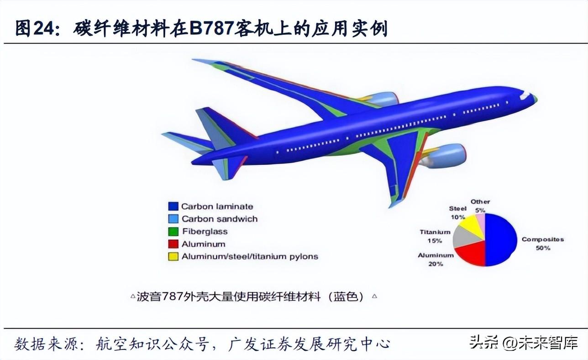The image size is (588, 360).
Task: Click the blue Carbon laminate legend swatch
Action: point(173,206)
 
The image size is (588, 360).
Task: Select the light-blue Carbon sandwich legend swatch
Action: point(173,219)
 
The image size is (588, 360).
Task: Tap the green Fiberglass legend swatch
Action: point(173,232)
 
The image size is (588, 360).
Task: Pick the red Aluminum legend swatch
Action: point(173,244)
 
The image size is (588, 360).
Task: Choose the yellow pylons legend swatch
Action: point(173,256)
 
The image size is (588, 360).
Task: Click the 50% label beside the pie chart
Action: point(543,248)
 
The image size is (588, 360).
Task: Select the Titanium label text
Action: point(435,232)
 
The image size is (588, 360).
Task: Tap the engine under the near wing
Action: point(444,156)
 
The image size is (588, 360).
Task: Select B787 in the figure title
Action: point(211,28)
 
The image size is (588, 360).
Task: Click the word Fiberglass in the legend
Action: point(205,232)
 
